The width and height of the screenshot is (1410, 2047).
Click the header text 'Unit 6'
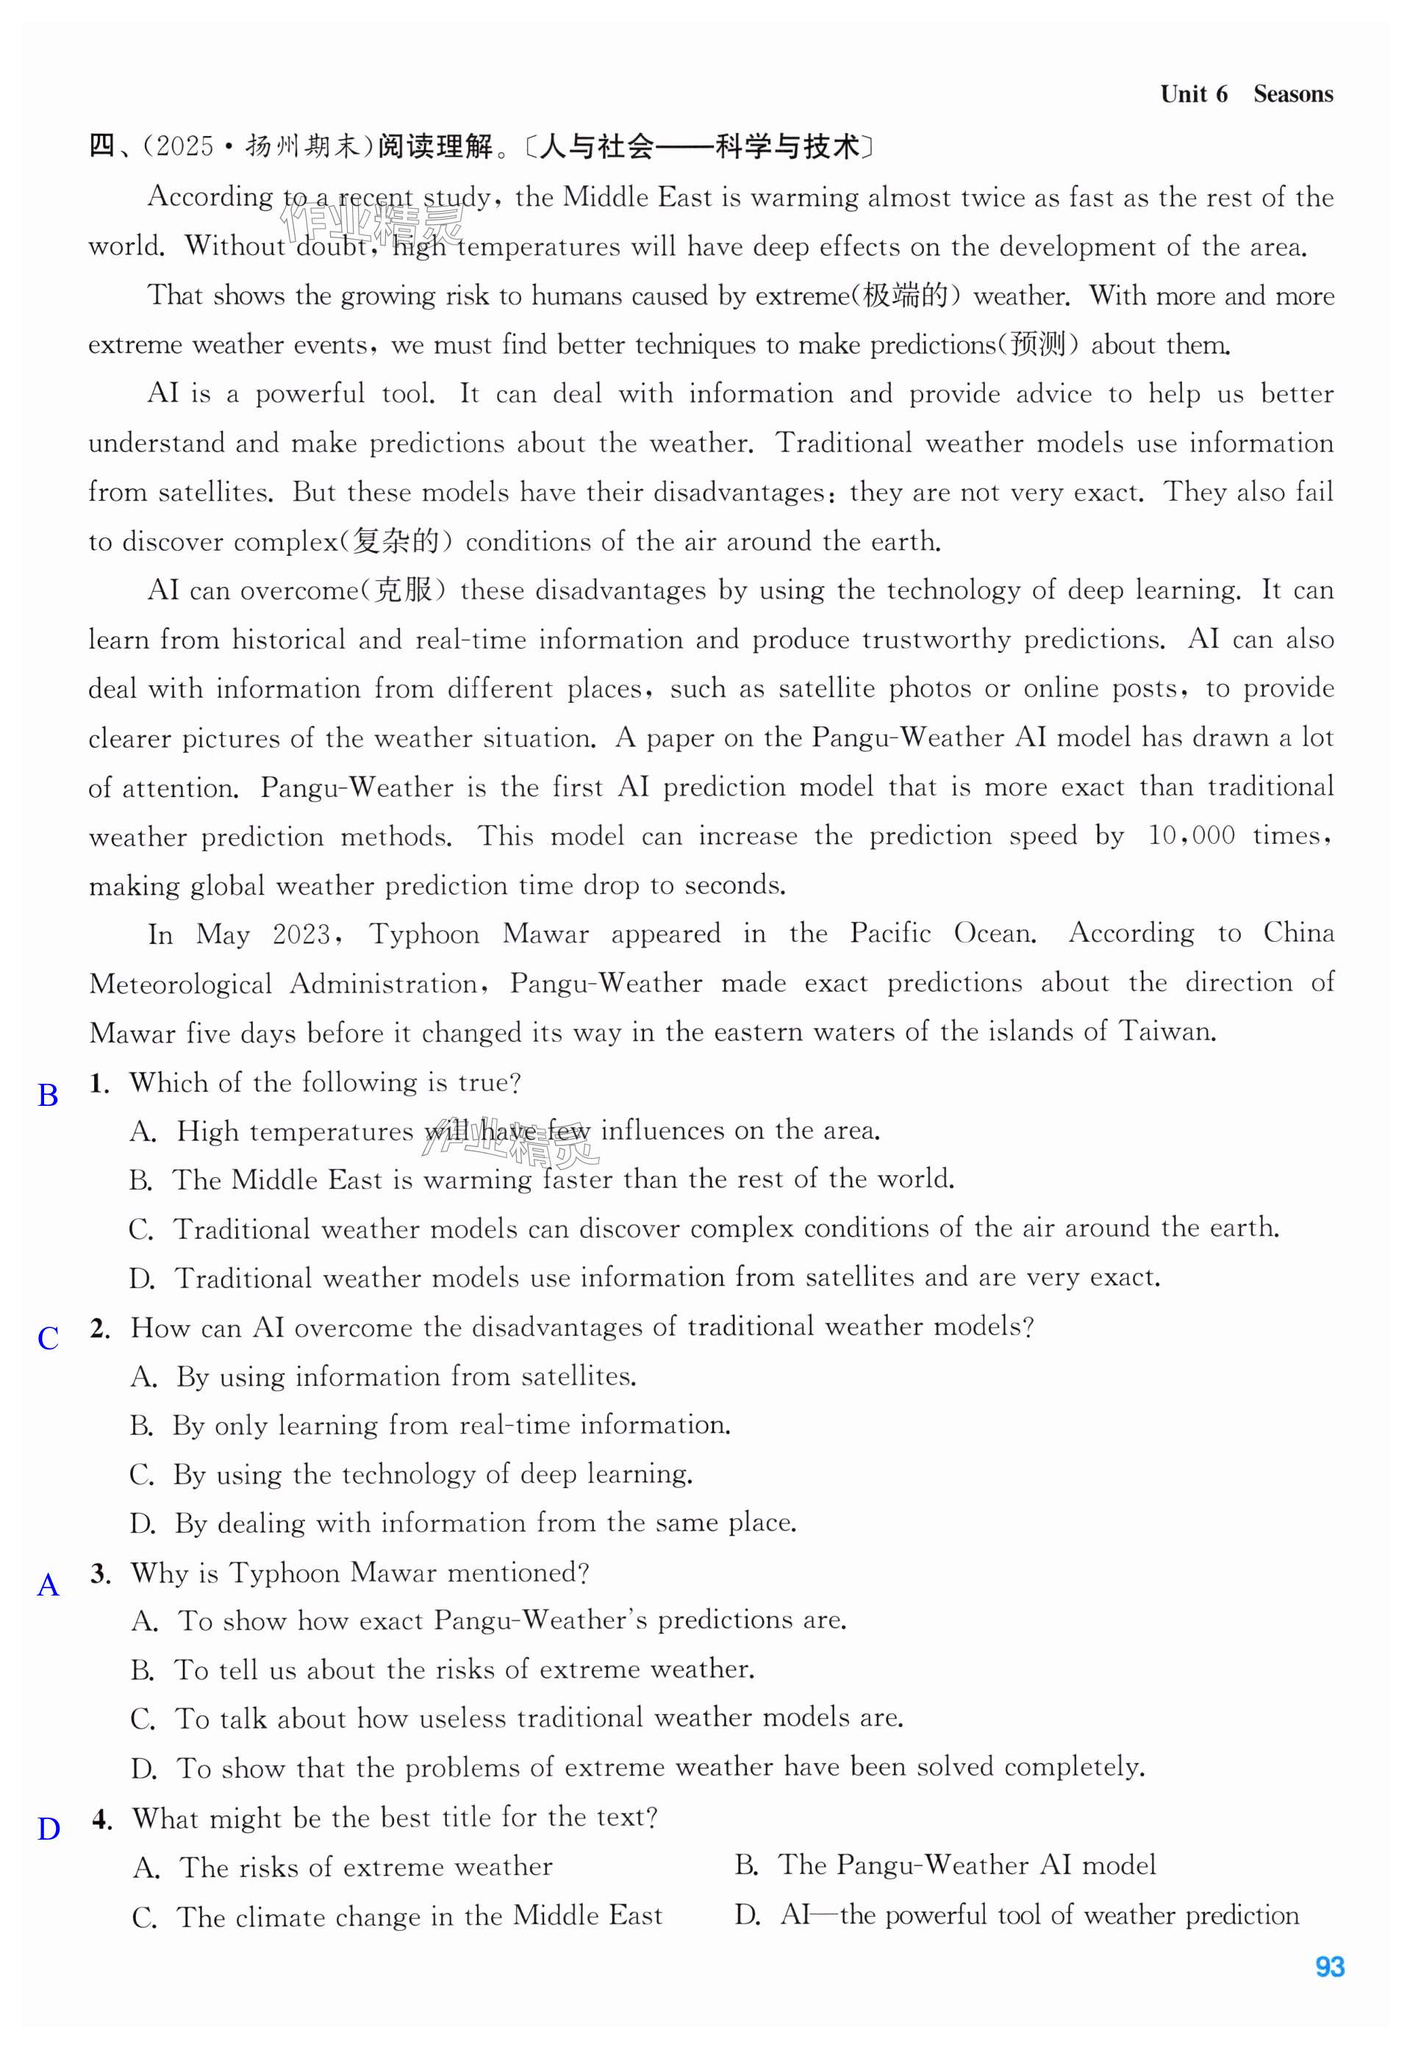[1192, 95]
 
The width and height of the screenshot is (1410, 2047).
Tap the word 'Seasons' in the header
[1292, 95]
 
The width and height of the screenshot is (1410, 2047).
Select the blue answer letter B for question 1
[48, 1096]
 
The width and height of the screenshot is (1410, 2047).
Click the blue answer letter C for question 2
[48, 1338]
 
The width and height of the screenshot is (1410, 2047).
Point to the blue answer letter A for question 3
[48, 1585]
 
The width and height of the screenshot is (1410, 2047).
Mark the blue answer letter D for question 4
[49, 1829]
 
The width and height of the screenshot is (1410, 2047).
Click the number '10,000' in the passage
[1190, 836]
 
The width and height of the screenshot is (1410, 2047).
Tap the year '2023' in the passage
[301, 935]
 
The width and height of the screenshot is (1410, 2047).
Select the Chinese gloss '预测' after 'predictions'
[1038, 345]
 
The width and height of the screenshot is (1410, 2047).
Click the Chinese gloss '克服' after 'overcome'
[403, 590]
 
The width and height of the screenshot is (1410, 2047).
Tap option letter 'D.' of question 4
[746, 1915]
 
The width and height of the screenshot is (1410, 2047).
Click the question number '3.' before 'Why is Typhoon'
[100, 1573]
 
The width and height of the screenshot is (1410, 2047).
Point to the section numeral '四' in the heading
[101, 146]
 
